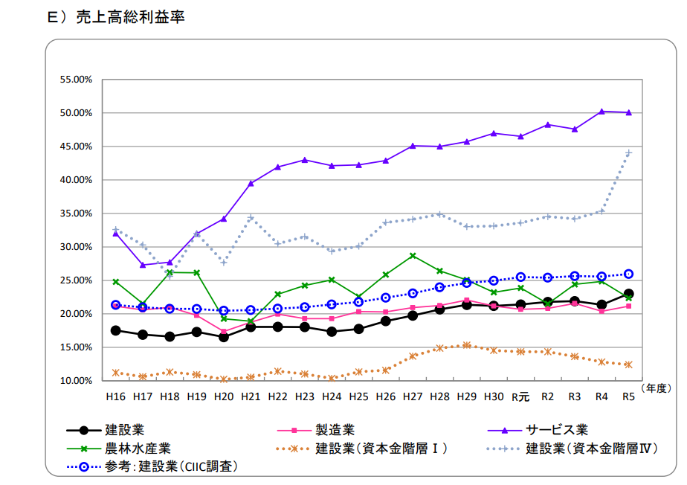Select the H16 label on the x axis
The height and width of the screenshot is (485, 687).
(115, 397)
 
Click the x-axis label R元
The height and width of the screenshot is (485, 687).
(520, 397)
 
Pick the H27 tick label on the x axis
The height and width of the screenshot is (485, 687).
(413, 397)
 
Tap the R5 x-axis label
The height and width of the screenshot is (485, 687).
(628, 397)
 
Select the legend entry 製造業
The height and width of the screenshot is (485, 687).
(335, 430)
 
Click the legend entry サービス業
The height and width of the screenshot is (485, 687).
(557, 430)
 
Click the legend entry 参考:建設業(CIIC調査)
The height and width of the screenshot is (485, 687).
(170, 466)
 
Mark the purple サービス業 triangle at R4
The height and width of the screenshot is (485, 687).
(601, 112)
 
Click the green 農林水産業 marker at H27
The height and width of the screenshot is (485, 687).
(413, 256)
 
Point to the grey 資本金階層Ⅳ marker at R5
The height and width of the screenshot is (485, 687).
(628, 153)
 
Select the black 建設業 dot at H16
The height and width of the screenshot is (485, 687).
(115, 330)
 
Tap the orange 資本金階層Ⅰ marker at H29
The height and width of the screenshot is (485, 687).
(466, 345)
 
